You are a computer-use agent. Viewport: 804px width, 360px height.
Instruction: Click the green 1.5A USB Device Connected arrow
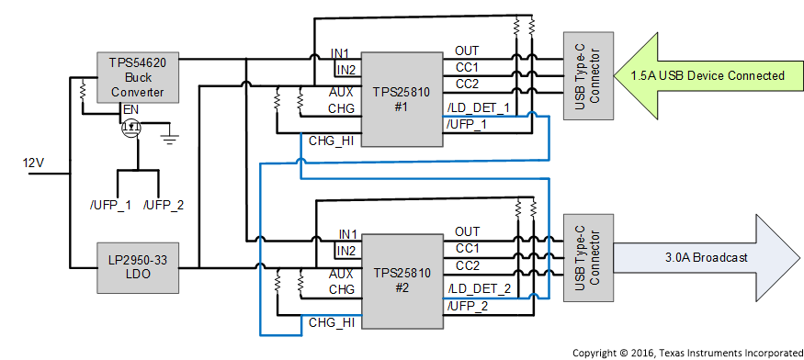(x=708, y=76)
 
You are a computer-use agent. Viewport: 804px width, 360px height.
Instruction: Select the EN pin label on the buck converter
(x=131, y=109)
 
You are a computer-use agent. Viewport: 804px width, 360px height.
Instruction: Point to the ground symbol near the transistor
(x=170, y=138)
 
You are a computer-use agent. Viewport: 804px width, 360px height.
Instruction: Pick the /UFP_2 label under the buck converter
(x=164, y=204)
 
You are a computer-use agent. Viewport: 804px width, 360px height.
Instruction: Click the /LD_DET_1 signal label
(x=478, y=108)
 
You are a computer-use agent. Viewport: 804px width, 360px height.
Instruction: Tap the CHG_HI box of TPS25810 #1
(x=332, y=140)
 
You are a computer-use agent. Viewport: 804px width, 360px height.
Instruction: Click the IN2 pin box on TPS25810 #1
(x=345, y=69)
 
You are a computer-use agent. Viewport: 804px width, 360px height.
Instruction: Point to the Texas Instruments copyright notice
(x=685, y=352)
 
